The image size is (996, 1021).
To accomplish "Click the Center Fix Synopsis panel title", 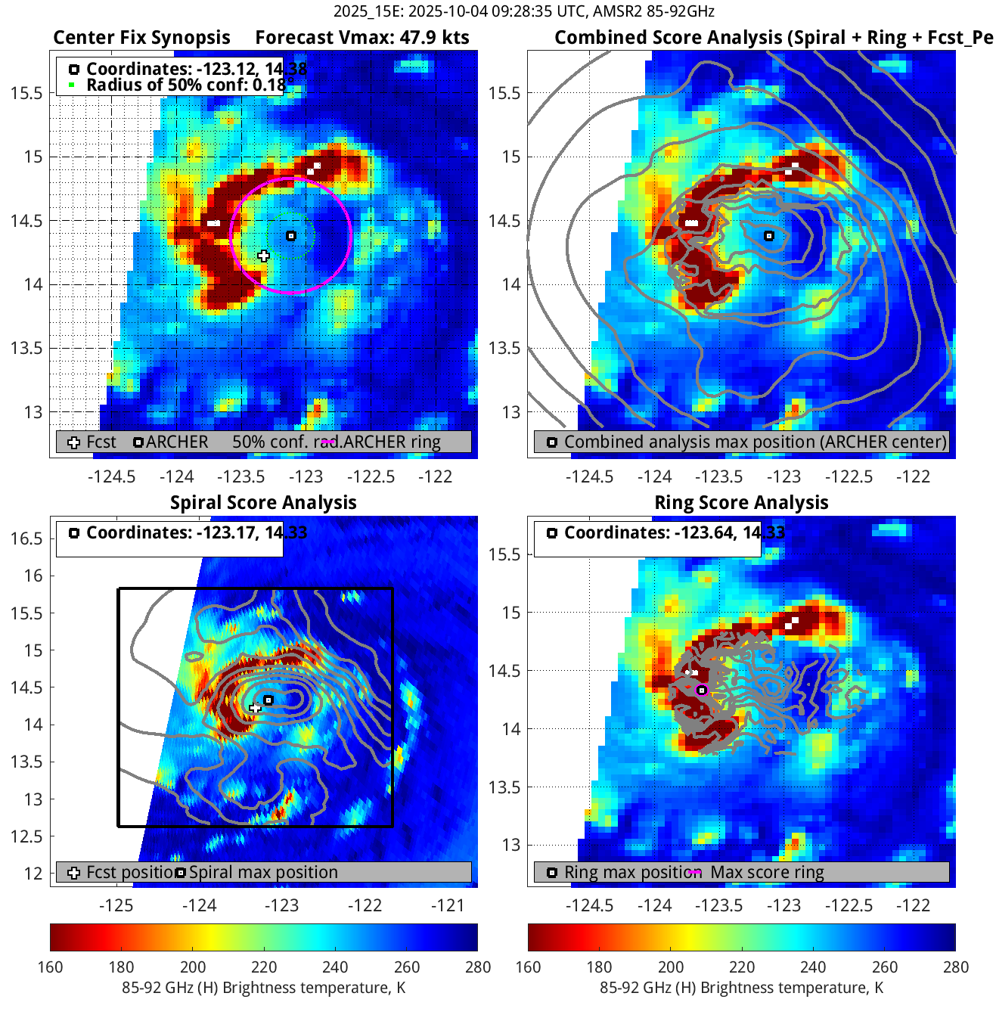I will click(141, 38).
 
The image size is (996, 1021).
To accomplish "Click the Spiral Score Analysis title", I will click(263, 503).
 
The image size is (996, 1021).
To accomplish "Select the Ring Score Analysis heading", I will click(741, 503).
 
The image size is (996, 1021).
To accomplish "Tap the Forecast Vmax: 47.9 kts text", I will click(362, 38).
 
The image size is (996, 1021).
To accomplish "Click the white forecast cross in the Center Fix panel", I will click(263, 256).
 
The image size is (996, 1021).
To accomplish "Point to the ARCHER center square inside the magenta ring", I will click(291, 236).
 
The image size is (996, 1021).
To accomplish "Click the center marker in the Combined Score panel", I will click(769, 236).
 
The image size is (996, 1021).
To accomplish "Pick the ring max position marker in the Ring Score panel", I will click(702, 690).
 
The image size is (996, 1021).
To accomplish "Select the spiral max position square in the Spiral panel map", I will click(268, 700).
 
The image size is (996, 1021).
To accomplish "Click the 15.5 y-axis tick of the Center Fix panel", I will click(27, 93).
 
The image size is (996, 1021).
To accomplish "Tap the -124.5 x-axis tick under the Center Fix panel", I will click(112, 476).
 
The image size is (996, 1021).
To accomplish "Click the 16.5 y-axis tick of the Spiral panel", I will click(27, 538).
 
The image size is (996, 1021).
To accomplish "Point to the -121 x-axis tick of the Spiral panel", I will click(447, 905).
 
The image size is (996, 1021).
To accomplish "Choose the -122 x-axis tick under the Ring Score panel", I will click(913, 905).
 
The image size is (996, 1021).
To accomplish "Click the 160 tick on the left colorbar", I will click(51, 967).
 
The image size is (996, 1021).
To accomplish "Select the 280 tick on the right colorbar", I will click(955, 967).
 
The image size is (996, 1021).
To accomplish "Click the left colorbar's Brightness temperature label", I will click(263, 988).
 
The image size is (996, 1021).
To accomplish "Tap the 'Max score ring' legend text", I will click(767, 872).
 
